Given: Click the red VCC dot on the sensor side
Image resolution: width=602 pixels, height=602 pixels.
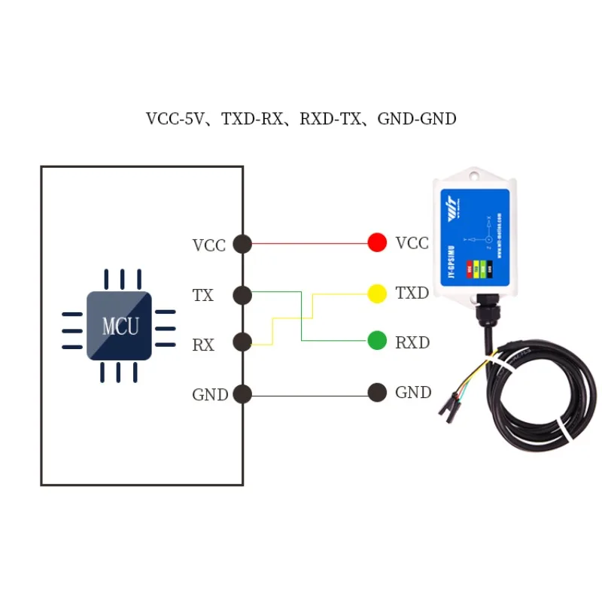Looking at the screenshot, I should coord(377,242).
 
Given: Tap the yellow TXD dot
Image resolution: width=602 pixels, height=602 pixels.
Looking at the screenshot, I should coord(377,293).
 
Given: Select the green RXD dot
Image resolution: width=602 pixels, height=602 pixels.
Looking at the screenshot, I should coord(377,342).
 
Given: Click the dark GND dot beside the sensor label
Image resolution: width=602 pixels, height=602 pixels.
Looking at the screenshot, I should coord(377,392).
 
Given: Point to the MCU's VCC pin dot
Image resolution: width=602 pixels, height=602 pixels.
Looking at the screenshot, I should coord(242,243).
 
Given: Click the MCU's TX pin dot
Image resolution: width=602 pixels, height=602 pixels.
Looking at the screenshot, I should coord(242,295).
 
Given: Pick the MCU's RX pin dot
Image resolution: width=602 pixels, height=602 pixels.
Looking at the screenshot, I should coord(242,343).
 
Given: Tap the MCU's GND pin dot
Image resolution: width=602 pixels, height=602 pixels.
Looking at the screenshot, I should coord(242,394).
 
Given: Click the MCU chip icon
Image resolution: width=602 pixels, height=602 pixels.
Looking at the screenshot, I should coord(119,325).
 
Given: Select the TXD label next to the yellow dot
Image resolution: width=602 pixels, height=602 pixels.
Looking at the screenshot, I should coord(412,293).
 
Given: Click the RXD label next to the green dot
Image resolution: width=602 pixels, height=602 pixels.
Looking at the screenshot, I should coord(412,342).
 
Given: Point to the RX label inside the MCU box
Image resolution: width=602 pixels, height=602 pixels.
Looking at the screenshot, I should coord(203,345).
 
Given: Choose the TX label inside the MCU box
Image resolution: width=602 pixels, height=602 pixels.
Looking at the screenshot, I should coord(203,296).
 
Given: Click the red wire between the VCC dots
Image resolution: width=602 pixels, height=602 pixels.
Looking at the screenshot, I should coord(309,243).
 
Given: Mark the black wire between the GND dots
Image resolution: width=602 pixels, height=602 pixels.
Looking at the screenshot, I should coord(309,394).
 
